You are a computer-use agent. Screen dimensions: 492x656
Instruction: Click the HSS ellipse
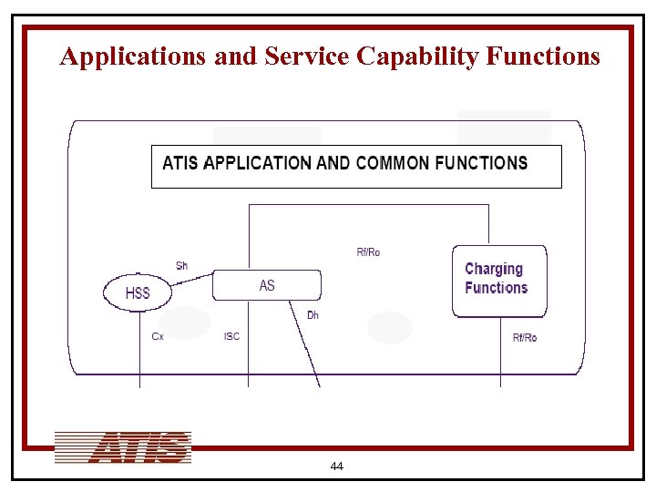point(138,293)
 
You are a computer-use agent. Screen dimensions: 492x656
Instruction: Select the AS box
point(266,285)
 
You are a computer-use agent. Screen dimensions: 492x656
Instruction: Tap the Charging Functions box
point(499,281)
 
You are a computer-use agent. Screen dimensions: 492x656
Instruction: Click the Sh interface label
point(181,266)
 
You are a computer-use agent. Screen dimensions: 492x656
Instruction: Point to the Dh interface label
point(313,315)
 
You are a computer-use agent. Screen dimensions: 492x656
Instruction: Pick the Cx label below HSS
point(158,336)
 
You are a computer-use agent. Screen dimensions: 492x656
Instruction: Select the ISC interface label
point(231,336)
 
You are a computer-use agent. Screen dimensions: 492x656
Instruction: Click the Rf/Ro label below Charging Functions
point(524,338)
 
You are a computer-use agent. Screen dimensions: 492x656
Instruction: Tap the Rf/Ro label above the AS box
point(368,252)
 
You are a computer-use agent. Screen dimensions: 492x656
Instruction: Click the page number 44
point(336,466)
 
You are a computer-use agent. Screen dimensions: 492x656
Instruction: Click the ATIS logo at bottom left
point(123,447)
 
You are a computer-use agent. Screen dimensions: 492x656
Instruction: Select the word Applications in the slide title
point(133,56)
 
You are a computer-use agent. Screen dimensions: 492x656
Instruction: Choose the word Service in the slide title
point(307,56)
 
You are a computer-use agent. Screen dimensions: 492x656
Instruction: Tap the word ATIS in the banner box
point(181,163)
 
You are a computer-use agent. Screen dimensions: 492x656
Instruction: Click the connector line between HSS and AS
point(191,280)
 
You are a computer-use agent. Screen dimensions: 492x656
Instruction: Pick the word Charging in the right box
point(493,269)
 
